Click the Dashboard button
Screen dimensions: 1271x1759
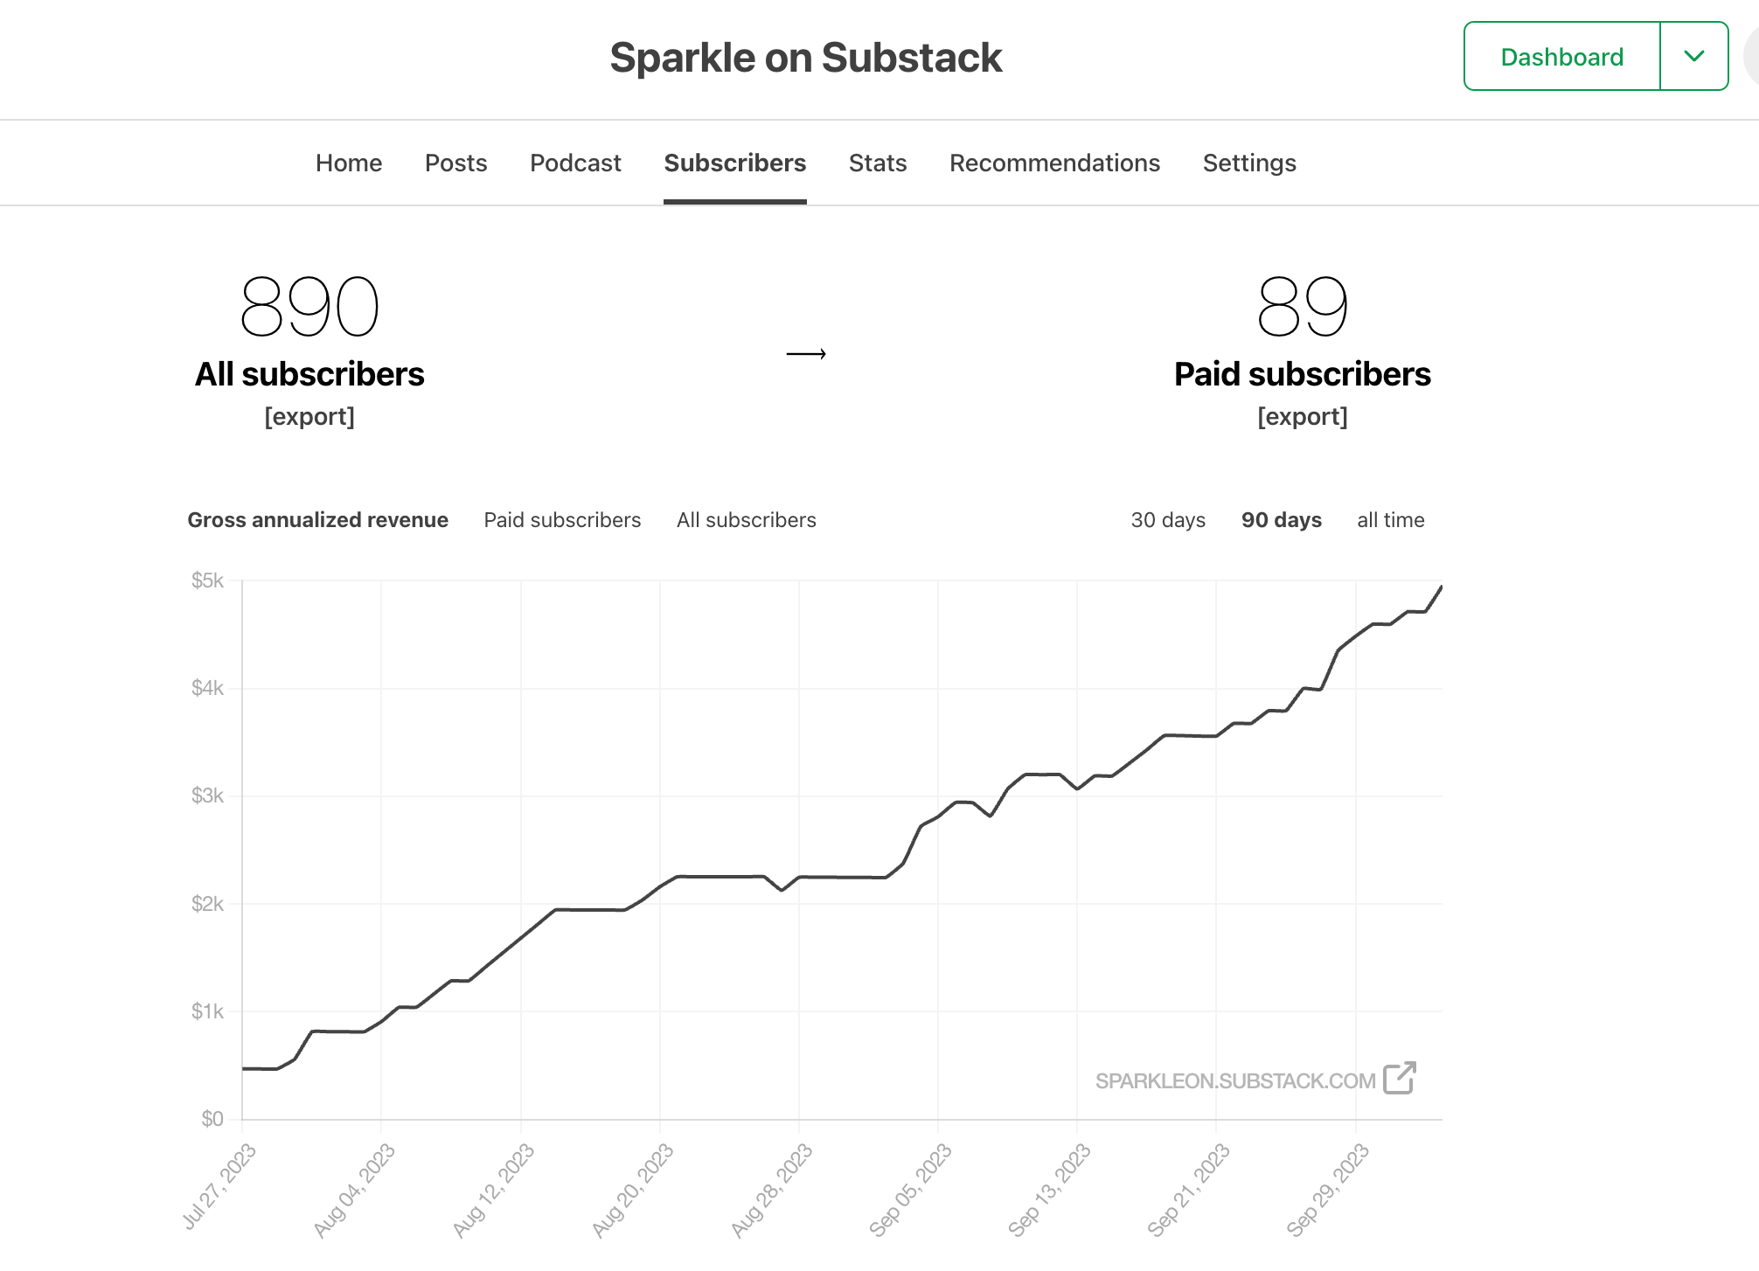click(x=1561, y=57)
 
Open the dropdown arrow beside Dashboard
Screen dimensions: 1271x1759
click(x=1693, y=57)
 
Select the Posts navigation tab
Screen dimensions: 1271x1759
click(x=455, y=163)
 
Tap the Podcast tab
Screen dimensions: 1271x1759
click(x=575, y=163)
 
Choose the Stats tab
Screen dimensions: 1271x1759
click(x=878, y=163)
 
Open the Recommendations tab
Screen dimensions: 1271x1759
click(x=1054, y=163)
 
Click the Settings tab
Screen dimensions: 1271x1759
click(x=1249, y=163)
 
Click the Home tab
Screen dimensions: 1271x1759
click(x=349, y=163)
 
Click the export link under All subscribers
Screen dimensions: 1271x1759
click(x=309, y=417)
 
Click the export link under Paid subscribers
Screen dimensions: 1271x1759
click(x=1302, y=417)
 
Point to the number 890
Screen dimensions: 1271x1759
click(x=309, y=306)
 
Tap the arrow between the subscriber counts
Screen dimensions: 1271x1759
click(x=806, y=354)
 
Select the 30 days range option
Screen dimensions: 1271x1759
click(x=1168, y=520)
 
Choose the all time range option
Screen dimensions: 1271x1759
click(x=1390, y=520)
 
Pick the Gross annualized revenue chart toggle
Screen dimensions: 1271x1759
click(x=317, y=520)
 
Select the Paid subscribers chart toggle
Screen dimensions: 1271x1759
click(x=562, y=520)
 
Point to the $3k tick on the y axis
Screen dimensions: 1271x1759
click(x=208, y=795)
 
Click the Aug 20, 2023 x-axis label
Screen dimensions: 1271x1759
click(x=633, y=1190)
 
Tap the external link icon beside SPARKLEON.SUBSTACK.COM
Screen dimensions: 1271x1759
click(x=1400, y=1079)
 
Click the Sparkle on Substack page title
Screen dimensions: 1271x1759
click(x=805, y=58)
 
